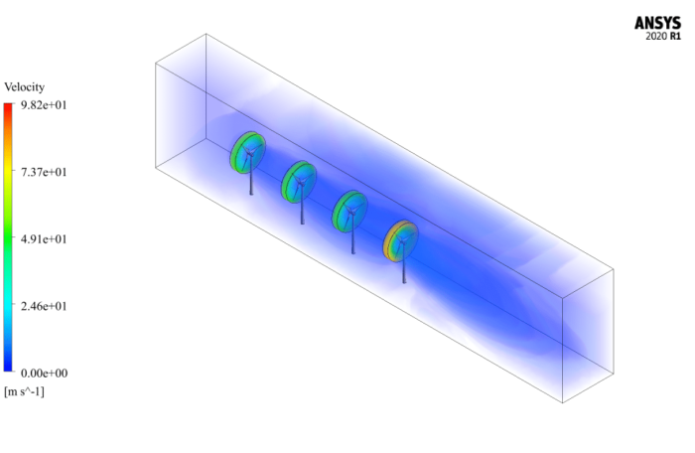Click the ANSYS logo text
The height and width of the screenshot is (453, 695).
(658, 22)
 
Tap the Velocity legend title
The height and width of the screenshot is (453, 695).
(25, 87)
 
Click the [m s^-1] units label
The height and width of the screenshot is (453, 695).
(25, 391)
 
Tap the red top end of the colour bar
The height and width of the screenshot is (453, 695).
(8, 107)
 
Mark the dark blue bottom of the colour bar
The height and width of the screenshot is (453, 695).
(8, 366)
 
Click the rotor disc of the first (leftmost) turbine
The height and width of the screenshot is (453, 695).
(248, 151)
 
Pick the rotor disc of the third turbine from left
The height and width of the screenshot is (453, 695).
(348, 208)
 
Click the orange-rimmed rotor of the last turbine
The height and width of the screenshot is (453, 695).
(400, 238)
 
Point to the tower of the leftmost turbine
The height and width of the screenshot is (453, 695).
(251, 181)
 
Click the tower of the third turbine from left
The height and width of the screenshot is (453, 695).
(351, 238)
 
